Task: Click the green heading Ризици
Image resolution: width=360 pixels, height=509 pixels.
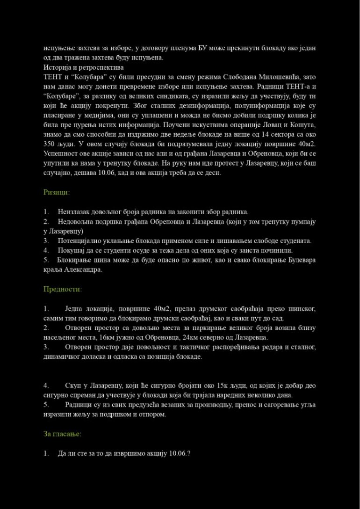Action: pyautogui.click(x=56, y=192)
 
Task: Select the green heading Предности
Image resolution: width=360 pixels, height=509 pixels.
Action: pyautogui.click(x=62, y=289)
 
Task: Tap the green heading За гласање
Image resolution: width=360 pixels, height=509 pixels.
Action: pyautogui.click(x=62, y=434)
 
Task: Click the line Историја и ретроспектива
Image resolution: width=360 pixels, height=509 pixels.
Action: pyautogui.click(x=77, y=67)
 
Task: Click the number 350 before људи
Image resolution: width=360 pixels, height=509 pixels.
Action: pyautogui.click(x=50, y=143)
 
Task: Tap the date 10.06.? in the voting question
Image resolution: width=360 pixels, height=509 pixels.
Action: pyautogui.click(x=180, y=453)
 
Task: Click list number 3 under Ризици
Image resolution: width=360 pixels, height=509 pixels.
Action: pyautogui.click(x=46, y=240)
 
